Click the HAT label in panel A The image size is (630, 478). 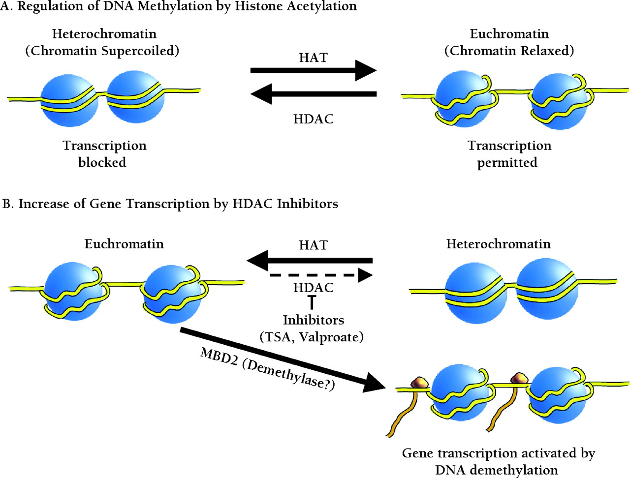click(x=313, y=58)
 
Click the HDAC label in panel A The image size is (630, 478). click(x=313, y=119)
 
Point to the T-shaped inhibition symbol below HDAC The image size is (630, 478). click(x=311, y=301)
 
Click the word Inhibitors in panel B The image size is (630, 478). click(x=313, y=320)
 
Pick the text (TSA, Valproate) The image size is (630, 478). click(x=312, y=337)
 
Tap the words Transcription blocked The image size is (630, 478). click(x=104, y=154)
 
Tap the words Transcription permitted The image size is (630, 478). click(x=509, y=154)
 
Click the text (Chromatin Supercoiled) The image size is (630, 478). click(x=102, y=51)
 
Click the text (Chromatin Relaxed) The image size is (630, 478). click(x=509, y=51)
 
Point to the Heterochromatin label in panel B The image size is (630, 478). click(x=498, y=244)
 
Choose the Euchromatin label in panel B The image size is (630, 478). click(x=124, y=244)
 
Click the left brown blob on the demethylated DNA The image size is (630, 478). click(x=419, y=382)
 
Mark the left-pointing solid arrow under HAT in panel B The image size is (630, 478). click(x=310, y=260)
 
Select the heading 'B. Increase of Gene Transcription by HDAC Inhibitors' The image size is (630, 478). click(x=170, y=204)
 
